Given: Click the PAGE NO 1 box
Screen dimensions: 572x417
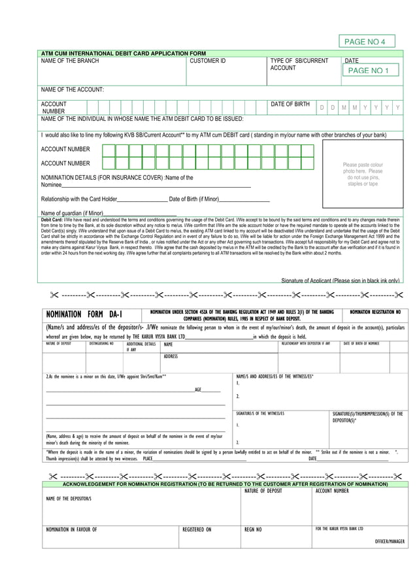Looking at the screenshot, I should (x=368, y=71).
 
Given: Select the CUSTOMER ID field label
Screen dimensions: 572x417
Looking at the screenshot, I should (x=207, y=61).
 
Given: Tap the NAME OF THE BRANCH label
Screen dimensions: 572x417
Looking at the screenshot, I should (x=70, y=61).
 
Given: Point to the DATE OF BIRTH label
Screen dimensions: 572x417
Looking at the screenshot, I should (x=290, y=105).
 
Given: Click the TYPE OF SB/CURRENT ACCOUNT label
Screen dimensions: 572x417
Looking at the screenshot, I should (x=299, y=64).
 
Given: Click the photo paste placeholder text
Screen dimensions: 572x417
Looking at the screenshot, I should (x=363, y=174).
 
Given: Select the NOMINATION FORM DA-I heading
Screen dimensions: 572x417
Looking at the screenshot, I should (x=84, y=314).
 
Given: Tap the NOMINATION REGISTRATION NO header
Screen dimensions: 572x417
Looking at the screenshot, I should (x=375, y=312).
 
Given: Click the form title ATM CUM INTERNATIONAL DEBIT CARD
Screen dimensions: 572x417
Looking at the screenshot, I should (x=124, y=53).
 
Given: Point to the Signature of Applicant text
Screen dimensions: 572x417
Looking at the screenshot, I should (x=340, y=280).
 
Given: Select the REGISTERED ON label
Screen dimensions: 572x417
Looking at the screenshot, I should (x=197, y=530).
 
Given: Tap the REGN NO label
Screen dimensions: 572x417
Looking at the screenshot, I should (x=253, y=530).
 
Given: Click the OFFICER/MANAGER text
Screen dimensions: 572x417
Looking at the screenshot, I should (x=390, y=542).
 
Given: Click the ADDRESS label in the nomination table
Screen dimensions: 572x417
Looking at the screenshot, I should (x=171, y=356).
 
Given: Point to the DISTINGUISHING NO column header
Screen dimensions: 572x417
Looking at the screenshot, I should (x=101, y=343).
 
